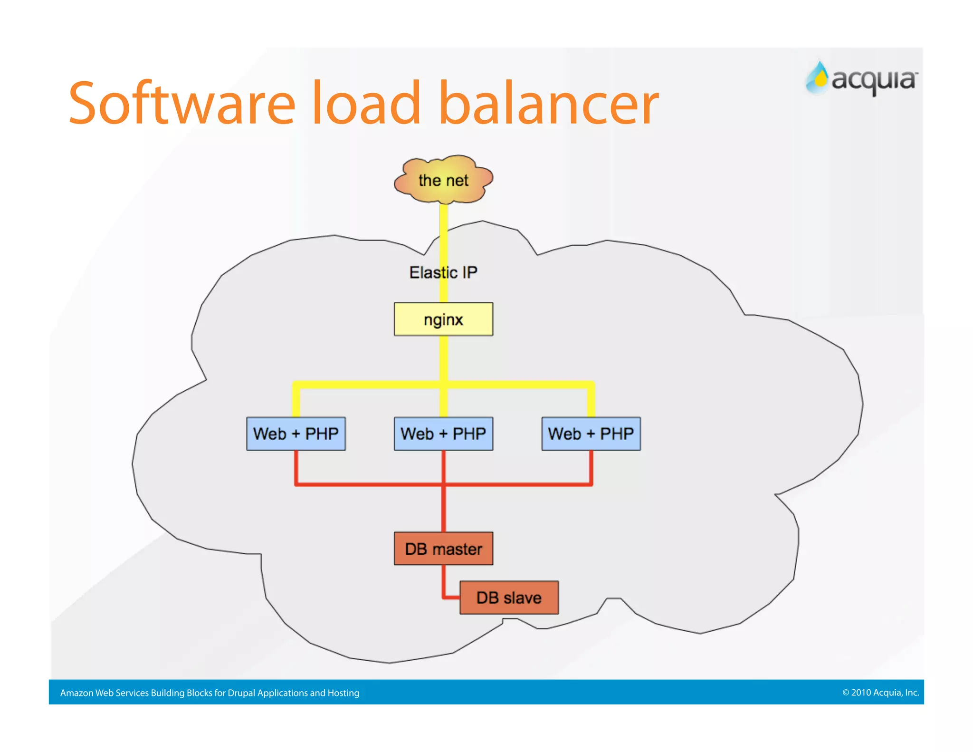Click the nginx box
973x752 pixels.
[x=443, y=319]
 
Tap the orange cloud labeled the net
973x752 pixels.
[x=443, y=180]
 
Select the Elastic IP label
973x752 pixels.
[x=443, y=272]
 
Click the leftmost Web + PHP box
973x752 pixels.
[x=296, y=434]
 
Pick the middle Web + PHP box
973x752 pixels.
[x=443, y=434]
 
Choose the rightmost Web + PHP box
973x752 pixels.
[x=591, y=434]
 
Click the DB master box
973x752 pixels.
[x=443, y=549]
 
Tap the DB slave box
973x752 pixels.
[x=509, y=598]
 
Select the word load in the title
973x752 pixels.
[x=366, y=104]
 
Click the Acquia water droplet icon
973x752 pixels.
[x=818, y=78]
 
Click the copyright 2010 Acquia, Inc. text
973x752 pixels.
[x=880, y=692]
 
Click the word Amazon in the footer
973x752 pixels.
[x=76, y=693]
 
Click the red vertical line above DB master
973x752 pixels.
[x=443, y=509]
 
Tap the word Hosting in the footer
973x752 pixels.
[x=343, y=693]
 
